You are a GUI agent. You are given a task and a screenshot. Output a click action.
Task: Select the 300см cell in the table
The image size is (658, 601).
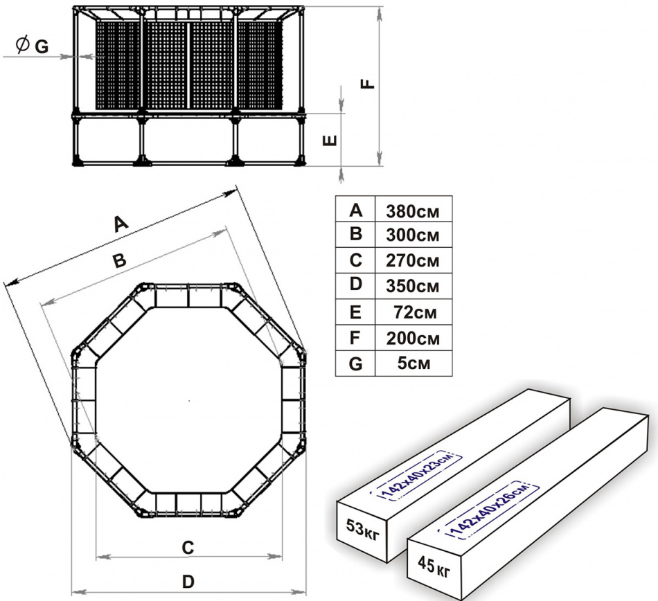(413, 235)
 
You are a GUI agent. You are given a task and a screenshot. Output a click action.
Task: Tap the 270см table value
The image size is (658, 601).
(413, 261)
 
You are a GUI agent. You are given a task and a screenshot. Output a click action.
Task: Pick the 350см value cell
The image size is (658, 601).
(413, 286)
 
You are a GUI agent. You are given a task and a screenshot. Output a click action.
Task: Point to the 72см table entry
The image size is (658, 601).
(413, 312)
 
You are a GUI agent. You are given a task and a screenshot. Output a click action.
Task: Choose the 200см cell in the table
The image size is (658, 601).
(413, 339)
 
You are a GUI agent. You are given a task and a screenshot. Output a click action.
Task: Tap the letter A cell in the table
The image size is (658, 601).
(355, 210)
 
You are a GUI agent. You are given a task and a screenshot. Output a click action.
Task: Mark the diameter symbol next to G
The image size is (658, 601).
(21, 46)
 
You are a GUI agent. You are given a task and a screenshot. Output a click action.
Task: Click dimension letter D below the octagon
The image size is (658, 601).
(188, 582)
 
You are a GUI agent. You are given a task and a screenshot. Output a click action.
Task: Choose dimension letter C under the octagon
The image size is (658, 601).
(187, 547)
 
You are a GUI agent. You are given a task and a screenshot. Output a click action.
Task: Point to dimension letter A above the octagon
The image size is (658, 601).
(121, 224)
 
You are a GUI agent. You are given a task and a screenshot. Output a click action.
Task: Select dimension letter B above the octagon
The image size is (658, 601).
(119, 261)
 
